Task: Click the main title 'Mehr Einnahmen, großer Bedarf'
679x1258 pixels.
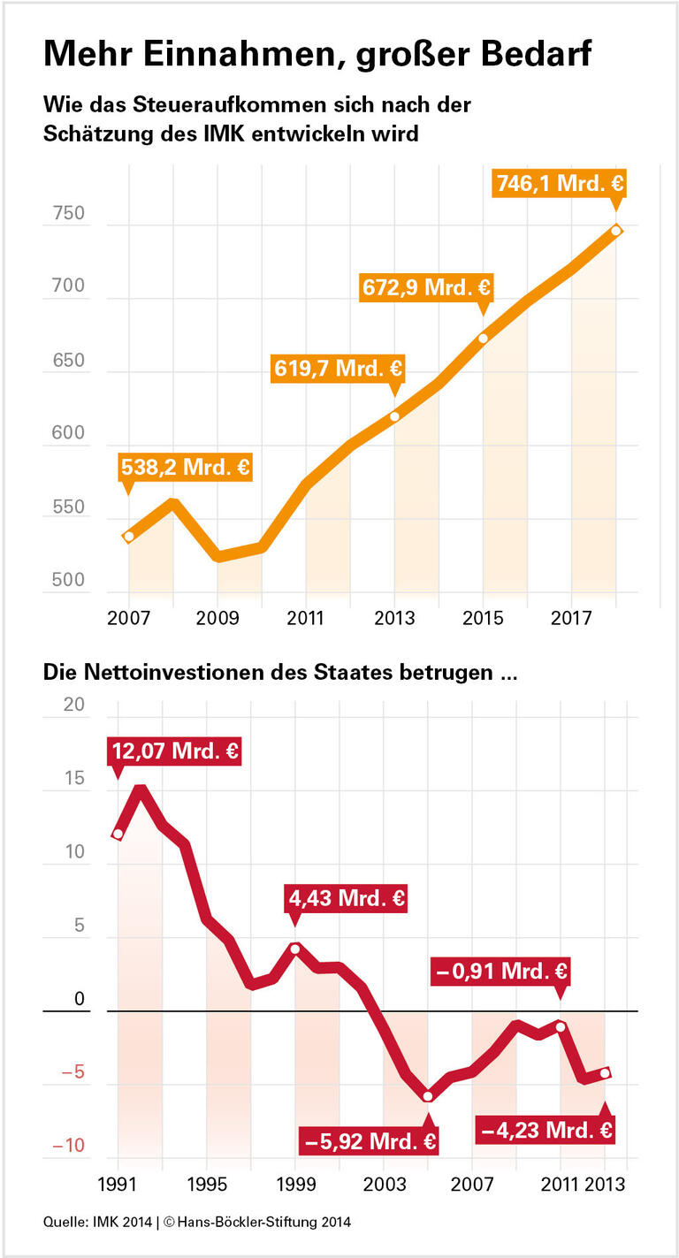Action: [x=317, y=55]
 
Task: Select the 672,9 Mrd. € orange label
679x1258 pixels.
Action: [x=426, y=287]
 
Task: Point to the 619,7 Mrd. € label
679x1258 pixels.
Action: [x=337, y=368]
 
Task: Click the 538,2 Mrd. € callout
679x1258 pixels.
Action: [x=185, y=467]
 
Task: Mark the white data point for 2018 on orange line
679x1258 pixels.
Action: [x=616, y=231]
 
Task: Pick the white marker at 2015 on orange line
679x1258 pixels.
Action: [x=483, y=338]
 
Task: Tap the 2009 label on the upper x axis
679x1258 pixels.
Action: [x=217, y=617]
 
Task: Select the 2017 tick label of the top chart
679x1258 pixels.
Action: [x=571, y=617]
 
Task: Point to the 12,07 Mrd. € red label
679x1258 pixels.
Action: [x=174, y=751]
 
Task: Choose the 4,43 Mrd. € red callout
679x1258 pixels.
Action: [x=347, y=899]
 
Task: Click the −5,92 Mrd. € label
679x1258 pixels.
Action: [x=370, y=1140]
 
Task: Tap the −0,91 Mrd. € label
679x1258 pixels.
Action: [x=500, y=972]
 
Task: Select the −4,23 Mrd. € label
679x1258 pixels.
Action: [x=545, y=1129]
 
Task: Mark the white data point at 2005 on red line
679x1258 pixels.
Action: [x=428, y=1097]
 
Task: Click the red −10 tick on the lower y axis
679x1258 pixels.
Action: [x=68, y=1147]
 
